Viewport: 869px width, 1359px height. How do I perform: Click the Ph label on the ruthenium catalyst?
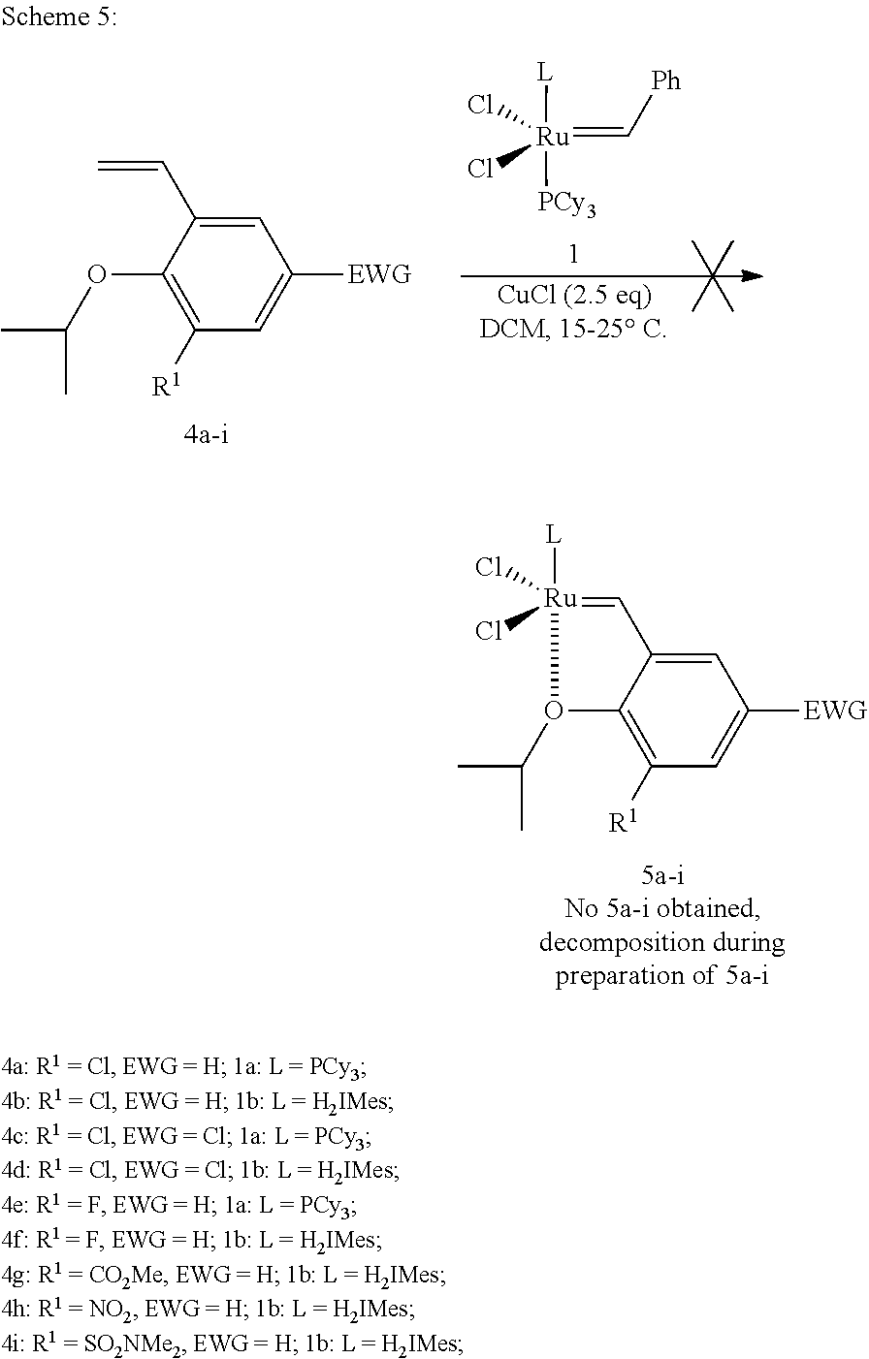[x=665, y=80]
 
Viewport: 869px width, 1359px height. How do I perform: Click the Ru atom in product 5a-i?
[x=560, y=598]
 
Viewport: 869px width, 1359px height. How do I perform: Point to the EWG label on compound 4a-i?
[x=379, y=275]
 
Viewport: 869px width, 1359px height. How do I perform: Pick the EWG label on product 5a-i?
[x=834, y=711]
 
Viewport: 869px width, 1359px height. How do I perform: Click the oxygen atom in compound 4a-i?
[x=96, y=275]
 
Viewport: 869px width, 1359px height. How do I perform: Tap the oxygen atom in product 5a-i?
[x=553, y=711]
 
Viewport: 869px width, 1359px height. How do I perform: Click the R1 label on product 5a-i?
[x=623, y=822]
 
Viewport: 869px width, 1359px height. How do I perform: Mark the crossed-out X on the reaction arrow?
[x=714, y=276]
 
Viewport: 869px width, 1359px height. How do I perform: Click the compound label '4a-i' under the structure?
[x=207, y=435]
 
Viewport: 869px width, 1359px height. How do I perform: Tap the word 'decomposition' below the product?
[x=662, y=942]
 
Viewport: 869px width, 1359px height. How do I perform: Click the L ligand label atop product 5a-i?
[x=554, y=534]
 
